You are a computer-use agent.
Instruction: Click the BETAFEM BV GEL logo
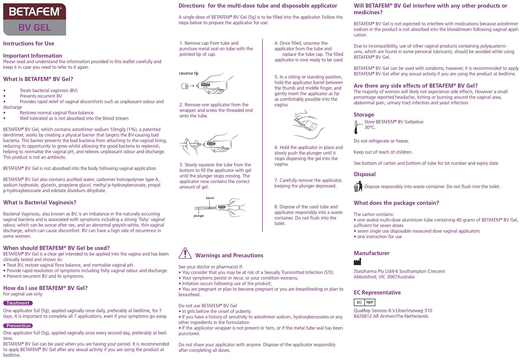tap(35, 19)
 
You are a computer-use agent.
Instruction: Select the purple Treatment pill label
tap(18, 303)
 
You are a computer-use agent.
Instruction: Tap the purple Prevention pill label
tap(18, 326)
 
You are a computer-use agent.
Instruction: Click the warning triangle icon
tap(185, 254)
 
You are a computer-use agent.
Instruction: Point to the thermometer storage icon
tap(356, 127)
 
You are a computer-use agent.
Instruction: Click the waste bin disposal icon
tap(357, 187)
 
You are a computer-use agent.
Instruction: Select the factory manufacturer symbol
tap(357, 262)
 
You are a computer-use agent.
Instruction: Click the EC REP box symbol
tap(364, 302)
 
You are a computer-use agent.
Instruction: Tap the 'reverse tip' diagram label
tap(189, 74)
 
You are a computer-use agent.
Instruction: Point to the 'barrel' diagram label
tap(210, 198)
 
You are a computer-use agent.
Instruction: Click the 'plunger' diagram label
tap(199, 216)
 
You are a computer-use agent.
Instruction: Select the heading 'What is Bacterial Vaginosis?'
tap(40, 203)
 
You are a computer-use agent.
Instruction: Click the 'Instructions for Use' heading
tap(28, 43)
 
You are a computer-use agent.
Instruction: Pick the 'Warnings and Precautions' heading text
tap(229, 256)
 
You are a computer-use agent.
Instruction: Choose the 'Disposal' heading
tap(364, 174)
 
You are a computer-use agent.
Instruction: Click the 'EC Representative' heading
tap(377, 292)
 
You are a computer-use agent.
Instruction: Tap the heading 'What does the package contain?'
tap(396, 203)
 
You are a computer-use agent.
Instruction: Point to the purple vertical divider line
tap(263, 135)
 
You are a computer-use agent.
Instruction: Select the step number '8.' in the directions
tap(276, 207)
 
